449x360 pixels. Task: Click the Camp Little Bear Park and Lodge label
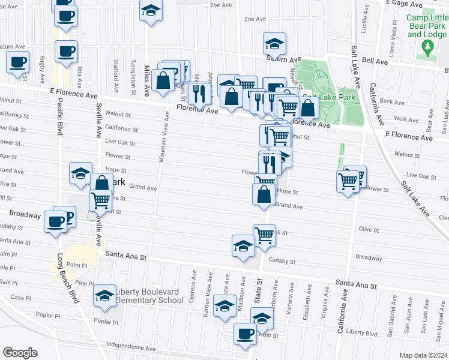427,26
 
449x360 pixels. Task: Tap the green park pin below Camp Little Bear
427,49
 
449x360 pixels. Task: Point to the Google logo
20,353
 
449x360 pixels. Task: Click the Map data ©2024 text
423,355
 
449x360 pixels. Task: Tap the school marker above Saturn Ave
274,43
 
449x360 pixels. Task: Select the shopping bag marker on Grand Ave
264,194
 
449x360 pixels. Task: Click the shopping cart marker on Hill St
264,235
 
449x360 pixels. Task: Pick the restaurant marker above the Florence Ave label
197,93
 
